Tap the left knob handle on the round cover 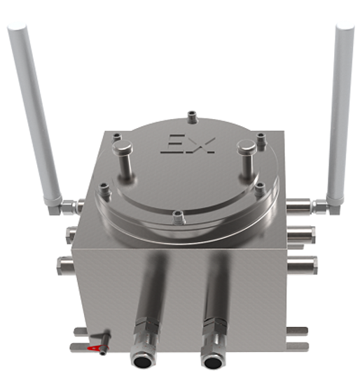pos(123,150)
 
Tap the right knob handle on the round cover pos(246,149)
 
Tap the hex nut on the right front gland pos(212,327)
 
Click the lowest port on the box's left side pos(68,265)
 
